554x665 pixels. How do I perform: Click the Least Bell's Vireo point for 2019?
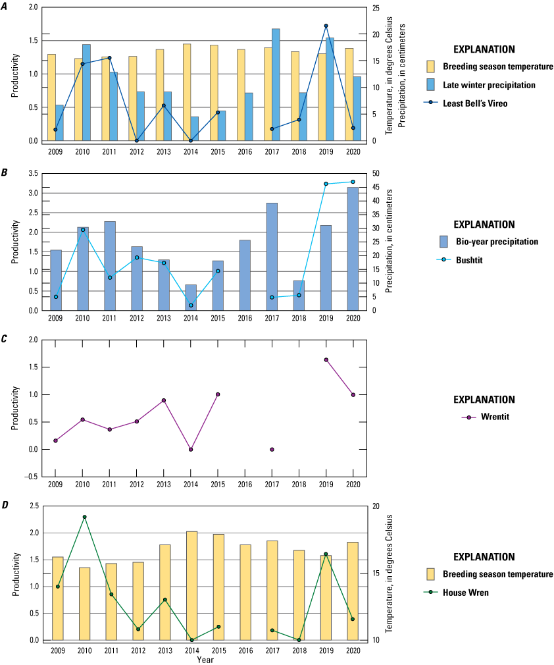click(326, 26)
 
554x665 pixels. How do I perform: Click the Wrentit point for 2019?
click(326, 359)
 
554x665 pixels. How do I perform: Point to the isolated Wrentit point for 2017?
click(272, 450)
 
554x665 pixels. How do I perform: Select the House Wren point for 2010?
click(84, 517)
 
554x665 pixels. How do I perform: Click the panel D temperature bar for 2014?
click(191, 585)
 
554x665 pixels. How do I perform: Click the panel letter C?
click(5, 336)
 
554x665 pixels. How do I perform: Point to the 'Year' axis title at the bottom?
click(205, 659)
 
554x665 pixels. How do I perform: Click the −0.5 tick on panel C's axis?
click(35, 477)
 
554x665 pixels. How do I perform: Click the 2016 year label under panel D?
click(245, 650)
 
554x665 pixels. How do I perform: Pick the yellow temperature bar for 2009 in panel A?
click(51, 97)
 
